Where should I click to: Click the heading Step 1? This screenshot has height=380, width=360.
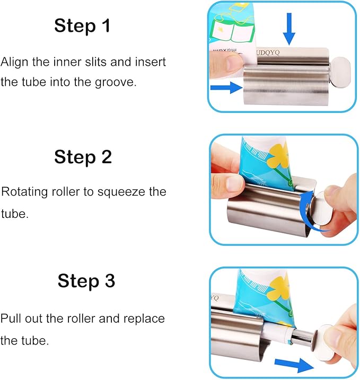click(x=82, y=25)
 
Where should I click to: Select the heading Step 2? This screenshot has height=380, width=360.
click(x=83, y=157)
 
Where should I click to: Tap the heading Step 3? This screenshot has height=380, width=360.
click(x=86, y=281)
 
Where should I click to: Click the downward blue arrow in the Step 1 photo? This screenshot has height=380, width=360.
click(x=289, y=29)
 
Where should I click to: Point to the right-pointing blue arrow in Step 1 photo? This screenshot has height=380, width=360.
click(x=226, y=87)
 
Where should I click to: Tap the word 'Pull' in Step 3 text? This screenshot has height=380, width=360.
click(x=10, y=319)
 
